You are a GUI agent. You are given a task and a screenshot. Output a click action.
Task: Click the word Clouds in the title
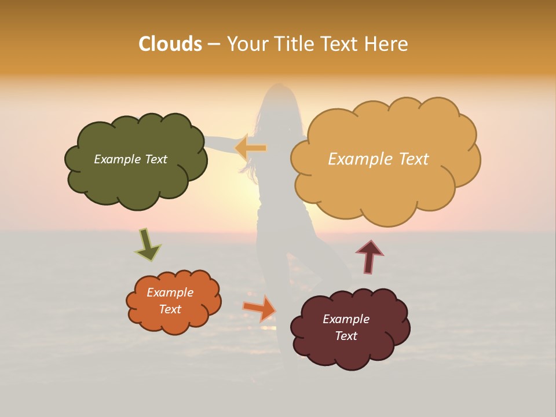coord(170,44)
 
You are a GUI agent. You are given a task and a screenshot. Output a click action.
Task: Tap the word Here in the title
coord(386,44)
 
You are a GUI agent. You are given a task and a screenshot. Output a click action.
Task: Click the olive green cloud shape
coord(136,180)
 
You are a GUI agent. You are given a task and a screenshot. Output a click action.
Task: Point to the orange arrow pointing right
coord(260,308)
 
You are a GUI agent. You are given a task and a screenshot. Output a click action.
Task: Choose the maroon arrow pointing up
coord(370,256)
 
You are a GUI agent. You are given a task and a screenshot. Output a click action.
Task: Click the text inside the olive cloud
coord(130,159)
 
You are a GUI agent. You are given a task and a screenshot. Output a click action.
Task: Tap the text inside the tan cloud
coord(378,159)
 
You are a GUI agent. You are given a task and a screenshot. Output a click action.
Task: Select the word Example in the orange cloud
coord(170,292)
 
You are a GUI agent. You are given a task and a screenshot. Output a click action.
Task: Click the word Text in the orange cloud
coord(170,309)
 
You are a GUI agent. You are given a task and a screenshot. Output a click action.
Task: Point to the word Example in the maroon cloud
coord(346,319)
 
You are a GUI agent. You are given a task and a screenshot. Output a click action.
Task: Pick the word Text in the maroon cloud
coord(346,336)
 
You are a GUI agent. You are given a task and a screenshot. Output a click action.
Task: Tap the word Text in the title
coord(342,44)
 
